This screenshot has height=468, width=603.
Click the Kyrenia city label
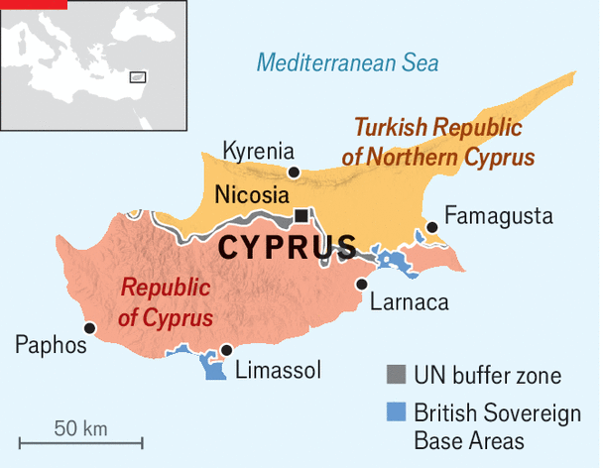(x=259, y=151)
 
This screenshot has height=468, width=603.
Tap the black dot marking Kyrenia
(x=294, y=173)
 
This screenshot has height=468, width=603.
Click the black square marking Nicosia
(x=301, y=215)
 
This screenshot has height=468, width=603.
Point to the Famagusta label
(x=498, y=215)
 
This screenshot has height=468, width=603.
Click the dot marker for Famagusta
(x=431, y=228)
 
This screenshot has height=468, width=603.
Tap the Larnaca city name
(x=409, y=301)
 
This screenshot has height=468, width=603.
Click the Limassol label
(x=279, y=371)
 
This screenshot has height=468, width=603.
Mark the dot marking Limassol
(x=227, y=350)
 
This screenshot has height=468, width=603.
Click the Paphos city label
(x=51, y=345)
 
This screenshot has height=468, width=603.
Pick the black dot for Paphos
(x=90, y=327)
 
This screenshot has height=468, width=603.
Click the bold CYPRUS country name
(x=288, y=247)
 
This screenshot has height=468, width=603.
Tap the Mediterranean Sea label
(x=347, y=63)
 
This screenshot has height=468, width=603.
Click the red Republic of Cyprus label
(x=167, y=303)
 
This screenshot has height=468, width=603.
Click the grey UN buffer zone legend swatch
(x=396, y=375)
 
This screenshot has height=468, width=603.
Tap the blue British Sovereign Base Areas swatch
(x=396, y=410)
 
